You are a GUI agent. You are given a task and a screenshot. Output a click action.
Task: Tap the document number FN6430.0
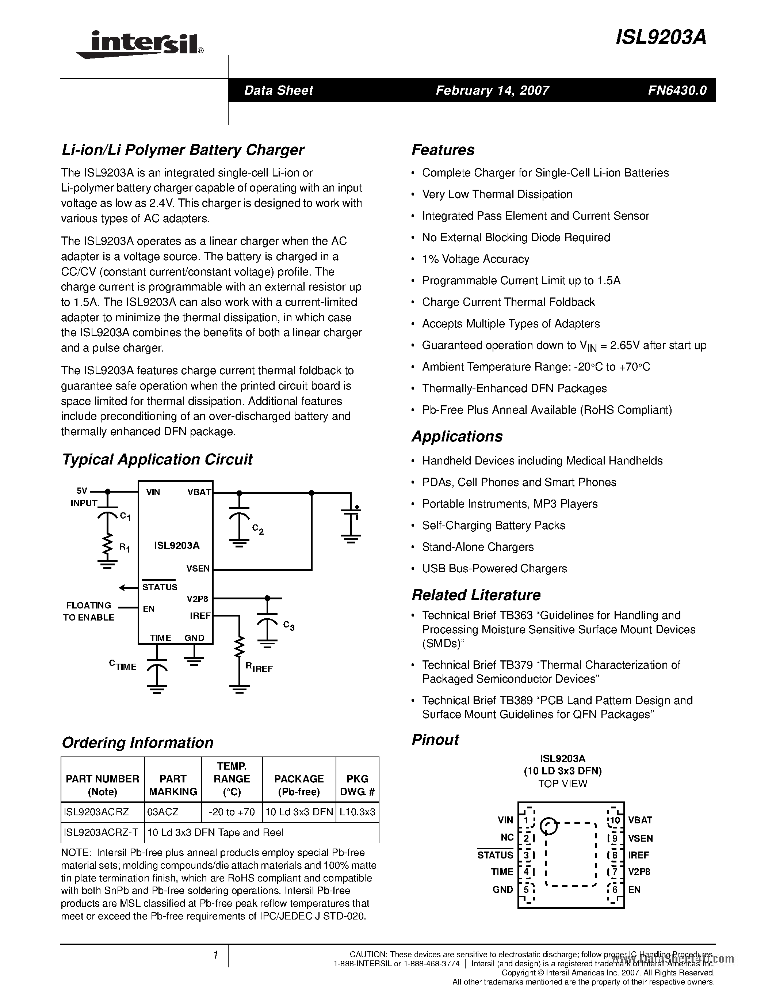(x=677, y=90)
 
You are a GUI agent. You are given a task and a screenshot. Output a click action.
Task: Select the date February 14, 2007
(x=492, y=90)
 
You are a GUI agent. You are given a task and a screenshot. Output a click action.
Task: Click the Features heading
(x=443, y=150)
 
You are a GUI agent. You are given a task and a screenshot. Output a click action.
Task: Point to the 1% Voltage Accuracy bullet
(x=475, y=259)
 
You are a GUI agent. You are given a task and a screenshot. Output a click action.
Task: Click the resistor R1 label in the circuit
(x=125, y=547)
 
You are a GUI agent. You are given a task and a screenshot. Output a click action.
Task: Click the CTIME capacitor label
(x=123, y=665)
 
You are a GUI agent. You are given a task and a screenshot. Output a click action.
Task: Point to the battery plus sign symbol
(x=357, y=508)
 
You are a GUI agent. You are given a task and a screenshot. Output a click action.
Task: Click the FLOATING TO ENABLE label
(x=89, y=611)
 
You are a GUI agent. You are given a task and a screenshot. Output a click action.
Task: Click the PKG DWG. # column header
(x=357, y=785)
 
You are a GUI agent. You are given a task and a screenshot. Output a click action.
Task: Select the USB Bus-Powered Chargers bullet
(x=494, y=569)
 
